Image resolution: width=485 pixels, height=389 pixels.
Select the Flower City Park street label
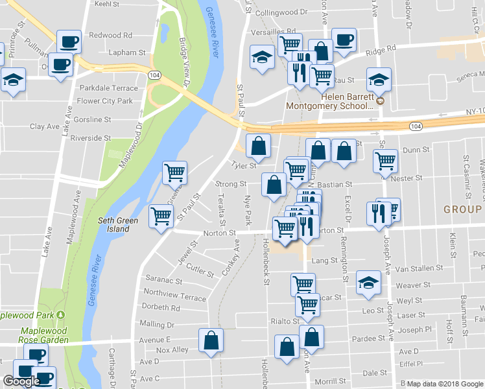(x=104, y=101)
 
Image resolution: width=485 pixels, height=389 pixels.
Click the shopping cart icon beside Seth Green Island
(x=161, y=216)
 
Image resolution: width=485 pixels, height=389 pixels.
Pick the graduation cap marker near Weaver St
(x=369, y=282)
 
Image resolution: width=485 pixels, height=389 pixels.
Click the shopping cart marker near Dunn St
(x=385, y=159)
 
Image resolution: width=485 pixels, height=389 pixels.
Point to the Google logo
(x=21, y=381)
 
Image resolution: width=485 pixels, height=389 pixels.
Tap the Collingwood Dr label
(x=279, y=12)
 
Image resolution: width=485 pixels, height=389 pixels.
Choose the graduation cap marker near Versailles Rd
(x=262, y=56)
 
